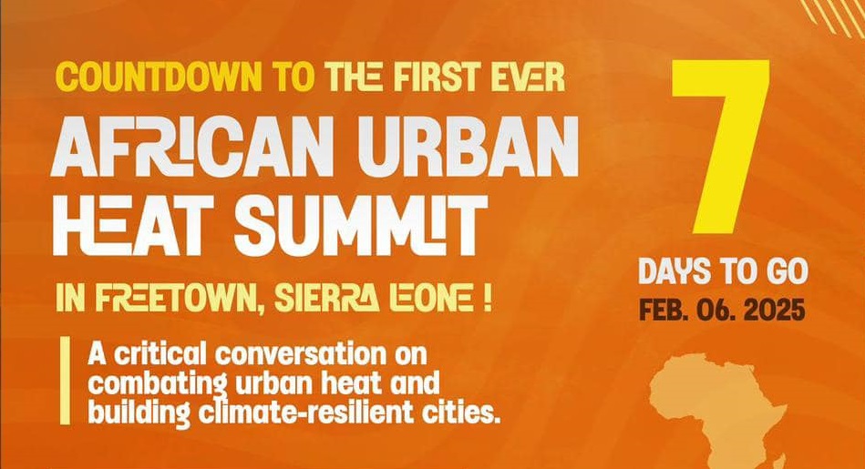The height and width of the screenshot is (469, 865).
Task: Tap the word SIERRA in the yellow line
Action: [334, 299]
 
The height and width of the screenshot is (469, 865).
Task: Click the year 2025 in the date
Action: [774, 310]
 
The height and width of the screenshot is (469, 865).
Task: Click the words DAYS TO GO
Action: [722, 272]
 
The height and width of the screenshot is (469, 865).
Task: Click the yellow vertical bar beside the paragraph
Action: [64, 380]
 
